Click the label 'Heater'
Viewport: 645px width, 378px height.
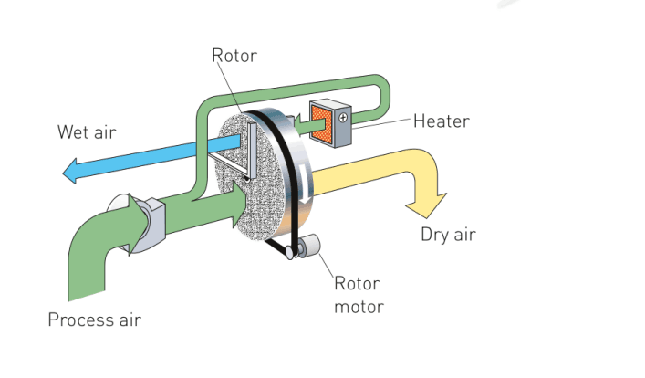[x=442, y=121]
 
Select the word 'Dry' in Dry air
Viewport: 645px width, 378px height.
[x=434, y=235]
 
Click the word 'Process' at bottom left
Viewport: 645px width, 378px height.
[x=78, y=320]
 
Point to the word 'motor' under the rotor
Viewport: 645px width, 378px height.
[x=359, y=306]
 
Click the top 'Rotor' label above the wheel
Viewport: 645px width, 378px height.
[x=234, y=56]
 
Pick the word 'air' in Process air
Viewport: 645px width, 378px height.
[x=128, y=320]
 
